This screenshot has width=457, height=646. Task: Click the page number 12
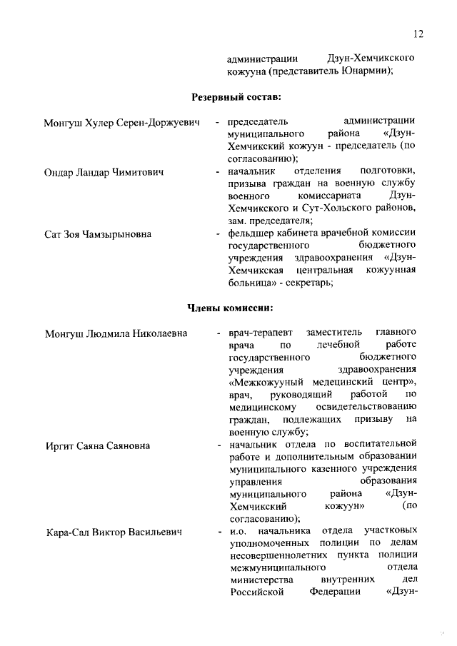point(418,34)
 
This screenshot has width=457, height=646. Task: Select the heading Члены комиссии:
point(230,308)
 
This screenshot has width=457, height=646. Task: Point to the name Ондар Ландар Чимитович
point(104,172)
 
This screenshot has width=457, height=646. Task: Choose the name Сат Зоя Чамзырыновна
point(98,233)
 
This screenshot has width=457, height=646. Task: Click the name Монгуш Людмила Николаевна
point(116,333)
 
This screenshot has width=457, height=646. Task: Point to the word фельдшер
point(251,233)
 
